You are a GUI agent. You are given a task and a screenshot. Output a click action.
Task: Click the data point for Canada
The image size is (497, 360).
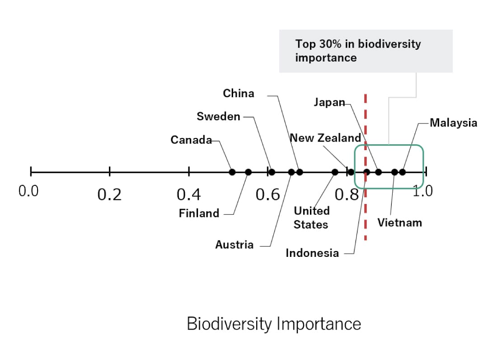point(232,172)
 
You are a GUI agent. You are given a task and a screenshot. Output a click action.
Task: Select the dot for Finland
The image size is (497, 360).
point(248,172)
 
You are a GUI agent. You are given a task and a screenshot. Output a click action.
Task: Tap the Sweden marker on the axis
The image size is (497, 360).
point(272,172)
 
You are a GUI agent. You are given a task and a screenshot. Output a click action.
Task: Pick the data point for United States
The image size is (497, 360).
point(335,172)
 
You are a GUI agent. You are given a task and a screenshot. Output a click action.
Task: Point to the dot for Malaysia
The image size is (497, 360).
point(402,172)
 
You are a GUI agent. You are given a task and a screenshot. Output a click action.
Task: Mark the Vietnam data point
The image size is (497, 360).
point(394,172)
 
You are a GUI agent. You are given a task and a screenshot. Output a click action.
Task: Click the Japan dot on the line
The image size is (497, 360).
point(379,172)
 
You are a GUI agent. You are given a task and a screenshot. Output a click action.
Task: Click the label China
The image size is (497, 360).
point(239,94)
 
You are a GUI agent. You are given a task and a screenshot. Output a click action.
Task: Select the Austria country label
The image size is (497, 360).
point(234,245)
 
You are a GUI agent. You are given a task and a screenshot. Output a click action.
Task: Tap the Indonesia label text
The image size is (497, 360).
point(312,253)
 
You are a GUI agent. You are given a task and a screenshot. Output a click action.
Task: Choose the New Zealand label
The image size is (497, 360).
point(325,138)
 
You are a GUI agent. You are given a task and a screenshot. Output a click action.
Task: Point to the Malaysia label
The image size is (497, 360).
point(453,123)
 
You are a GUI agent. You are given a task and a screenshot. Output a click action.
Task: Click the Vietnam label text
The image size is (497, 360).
point(399,223)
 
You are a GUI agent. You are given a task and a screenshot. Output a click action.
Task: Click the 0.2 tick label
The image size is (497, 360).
point(110,194)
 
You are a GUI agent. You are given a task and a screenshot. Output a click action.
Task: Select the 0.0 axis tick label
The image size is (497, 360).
point(28,191)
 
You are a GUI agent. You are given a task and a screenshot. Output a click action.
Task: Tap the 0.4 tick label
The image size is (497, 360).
point(189,194)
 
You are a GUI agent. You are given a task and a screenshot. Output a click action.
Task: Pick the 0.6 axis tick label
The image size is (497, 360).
point(268,194)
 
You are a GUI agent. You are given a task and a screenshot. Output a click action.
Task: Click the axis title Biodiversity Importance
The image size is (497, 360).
point(274,324)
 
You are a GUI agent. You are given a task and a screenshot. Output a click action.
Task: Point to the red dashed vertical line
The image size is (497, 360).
point(366,213)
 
